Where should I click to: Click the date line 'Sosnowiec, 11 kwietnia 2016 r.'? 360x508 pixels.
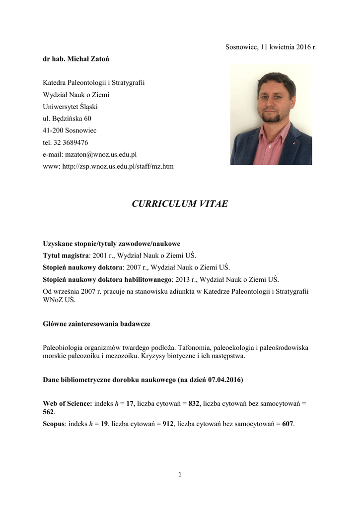coord(271,47)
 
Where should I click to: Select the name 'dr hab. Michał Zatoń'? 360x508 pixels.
coord(76,59)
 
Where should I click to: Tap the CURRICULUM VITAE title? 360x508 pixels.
coord(180,204)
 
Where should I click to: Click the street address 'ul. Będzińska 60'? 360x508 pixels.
coord(67,119)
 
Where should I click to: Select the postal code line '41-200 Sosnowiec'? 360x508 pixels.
coord(70,130)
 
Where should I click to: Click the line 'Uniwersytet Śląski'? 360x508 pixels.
coord(70,107)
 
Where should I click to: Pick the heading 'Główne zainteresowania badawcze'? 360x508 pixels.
coord(96,324)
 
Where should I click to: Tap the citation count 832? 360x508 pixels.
coord(194,404)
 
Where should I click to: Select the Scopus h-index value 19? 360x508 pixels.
coord(104,424)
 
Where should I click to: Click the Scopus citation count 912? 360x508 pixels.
coord(168,424)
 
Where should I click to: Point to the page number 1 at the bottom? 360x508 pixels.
coord(180,475)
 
